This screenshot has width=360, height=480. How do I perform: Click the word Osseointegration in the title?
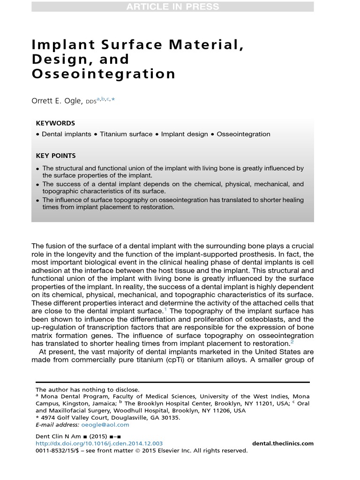(x=104, y=74)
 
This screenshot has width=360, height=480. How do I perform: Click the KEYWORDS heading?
(x=55, y=123)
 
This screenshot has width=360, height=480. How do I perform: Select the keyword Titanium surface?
(x=126, y=134)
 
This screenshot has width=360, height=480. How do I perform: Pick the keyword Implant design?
(x=184, y=134)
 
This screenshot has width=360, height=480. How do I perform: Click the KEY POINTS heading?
(x=56, y=156)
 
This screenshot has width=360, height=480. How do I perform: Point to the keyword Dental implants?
(x=67, y=134)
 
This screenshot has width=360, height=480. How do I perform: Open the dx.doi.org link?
(x=99, y=443)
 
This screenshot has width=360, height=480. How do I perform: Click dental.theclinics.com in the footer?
(x=283, y=443)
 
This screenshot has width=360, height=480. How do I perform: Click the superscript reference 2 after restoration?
(x=292, y=342)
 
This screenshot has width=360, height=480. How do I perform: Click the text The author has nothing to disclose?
(x=88, y=390)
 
